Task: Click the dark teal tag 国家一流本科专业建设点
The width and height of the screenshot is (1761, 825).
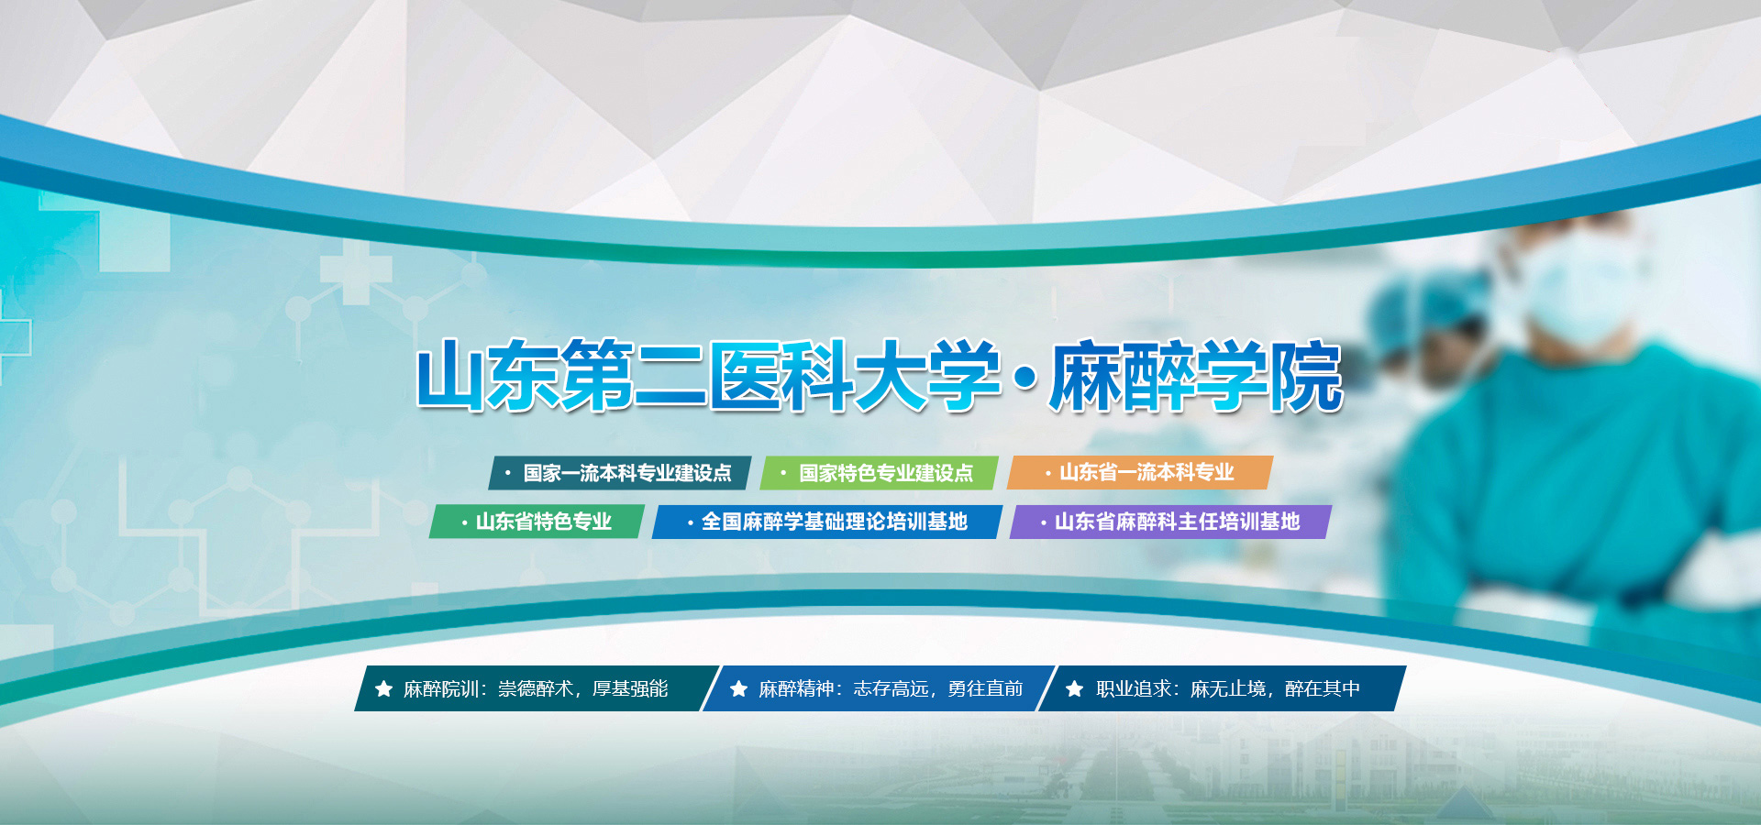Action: [620, 473]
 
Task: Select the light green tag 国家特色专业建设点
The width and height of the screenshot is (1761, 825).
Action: [880, 473]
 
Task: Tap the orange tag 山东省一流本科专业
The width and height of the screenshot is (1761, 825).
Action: [1140, 472]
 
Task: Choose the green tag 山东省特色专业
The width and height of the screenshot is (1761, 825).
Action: [537, 522]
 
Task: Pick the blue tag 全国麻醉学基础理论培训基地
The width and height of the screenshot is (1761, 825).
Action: [827, 522]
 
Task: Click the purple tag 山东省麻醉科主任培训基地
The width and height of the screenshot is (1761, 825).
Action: [1170, 522]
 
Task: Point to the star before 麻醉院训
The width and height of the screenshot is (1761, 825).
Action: [384, 688]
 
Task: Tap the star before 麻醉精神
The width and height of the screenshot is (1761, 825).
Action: [738, 688]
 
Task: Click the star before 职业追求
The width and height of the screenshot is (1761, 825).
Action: [1075, 688]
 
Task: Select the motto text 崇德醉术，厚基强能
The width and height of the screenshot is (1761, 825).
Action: [582, 688]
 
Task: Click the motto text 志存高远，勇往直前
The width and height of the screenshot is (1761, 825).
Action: [937, 688]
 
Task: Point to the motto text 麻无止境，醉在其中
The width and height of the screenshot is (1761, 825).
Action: [1275, 688]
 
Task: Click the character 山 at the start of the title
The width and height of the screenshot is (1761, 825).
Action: [451, 376]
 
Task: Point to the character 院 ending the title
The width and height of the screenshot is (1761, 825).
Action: [1307, 376]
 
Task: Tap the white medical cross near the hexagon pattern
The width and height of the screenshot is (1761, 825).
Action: [356, 271]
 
